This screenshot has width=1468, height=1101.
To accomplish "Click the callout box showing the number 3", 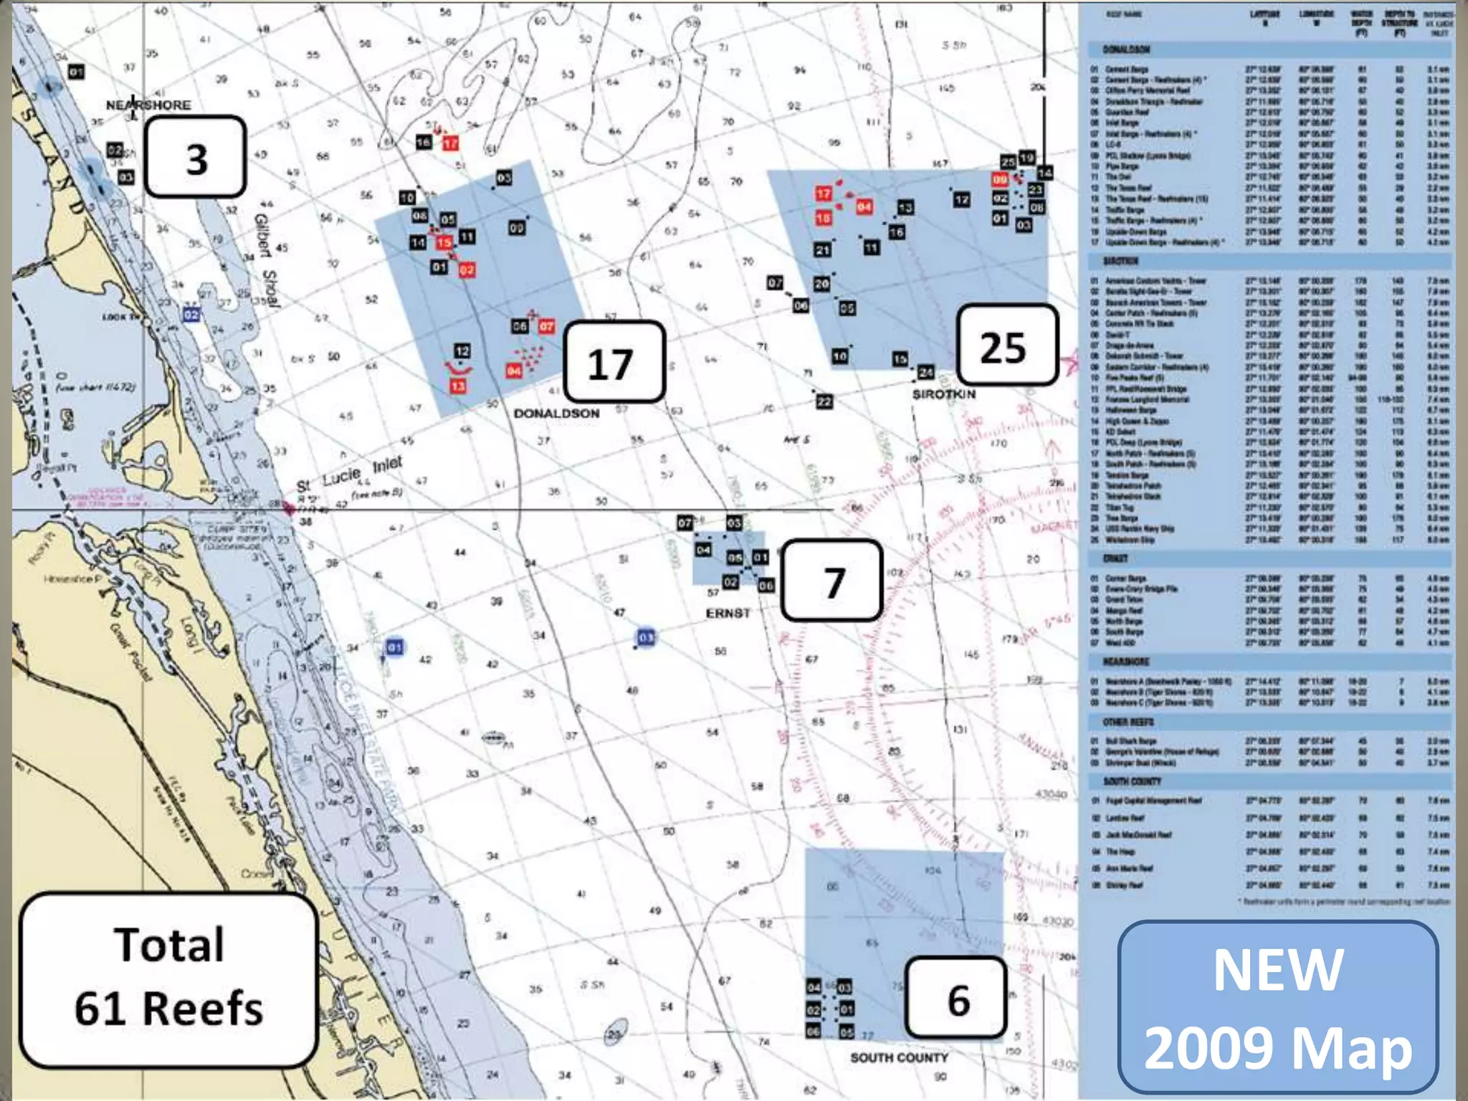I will pyautogui.click(x=196, y=157).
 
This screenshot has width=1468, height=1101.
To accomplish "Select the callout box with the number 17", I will pyautogui.click(x=614, y=362).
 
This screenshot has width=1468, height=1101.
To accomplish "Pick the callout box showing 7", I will pyautogui.click(x=831, y=581).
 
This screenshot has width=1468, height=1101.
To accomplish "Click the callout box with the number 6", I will pyautogui.click(x=957, y=998).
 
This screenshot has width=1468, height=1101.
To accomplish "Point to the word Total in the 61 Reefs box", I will pyautogui.click(x=169, y=945).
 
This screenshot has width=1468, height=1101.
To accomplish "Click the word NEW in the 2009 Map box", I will pyautogui.click(x=1277, y=971).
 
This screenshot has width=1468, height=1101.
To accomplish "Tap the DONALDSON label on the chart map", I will pyautogui.click(x=556, y=414).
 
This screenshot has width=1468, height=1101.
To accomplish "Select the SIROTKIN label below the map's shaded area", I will pyautogui.click(x=943, y=394).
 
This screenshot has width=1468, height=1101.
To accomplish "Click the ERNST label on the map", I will pyautogui.click(x=728, y=614).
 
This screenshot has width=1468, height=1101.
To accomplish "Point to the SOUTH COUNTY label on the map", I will pyautogui.click(x=899, y=1058).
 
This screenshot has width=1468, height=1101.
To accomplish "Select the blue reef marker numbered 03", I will pyautogui.click(x=646, y=637).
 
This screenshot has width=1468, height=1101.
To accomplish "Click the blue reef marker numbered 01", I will pyautogui.click(x=395, y=647).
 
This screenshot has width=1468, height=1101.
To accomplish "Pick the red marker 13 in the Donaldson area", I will pyautogui.click(x=458, y=386).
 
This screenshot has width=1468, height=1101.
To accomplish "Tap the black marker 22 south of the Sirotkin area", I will pyautogui.click(x=824, y=401).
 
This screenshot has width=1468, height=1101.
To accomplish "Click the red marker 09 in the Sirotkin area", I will pyautogui.click(x=1000, y=180).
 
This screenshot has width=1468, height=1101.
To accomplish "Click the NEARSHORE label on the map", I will pyautogui.click(x=148, y=105).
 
